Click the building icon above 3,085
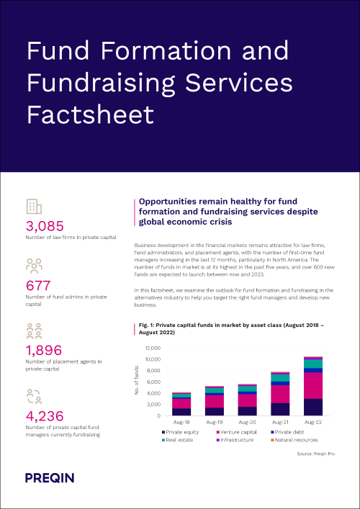pyautogui.click(x=33, y=207)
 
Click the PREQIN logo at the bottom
pyautogui.click(x=50, y=477)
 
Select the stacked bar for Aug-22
pyautogui.click(x=313, y=387)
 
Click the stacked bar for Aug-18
pyautogui.click(x=181, y=405)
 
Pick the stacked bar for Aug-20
pyautogui.click(x=247, y=400)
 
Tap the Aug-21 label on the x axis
pyautogui.click(x=280, y=423)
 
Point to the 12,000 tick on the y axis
pyautogui.click(x=153, y=348)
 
